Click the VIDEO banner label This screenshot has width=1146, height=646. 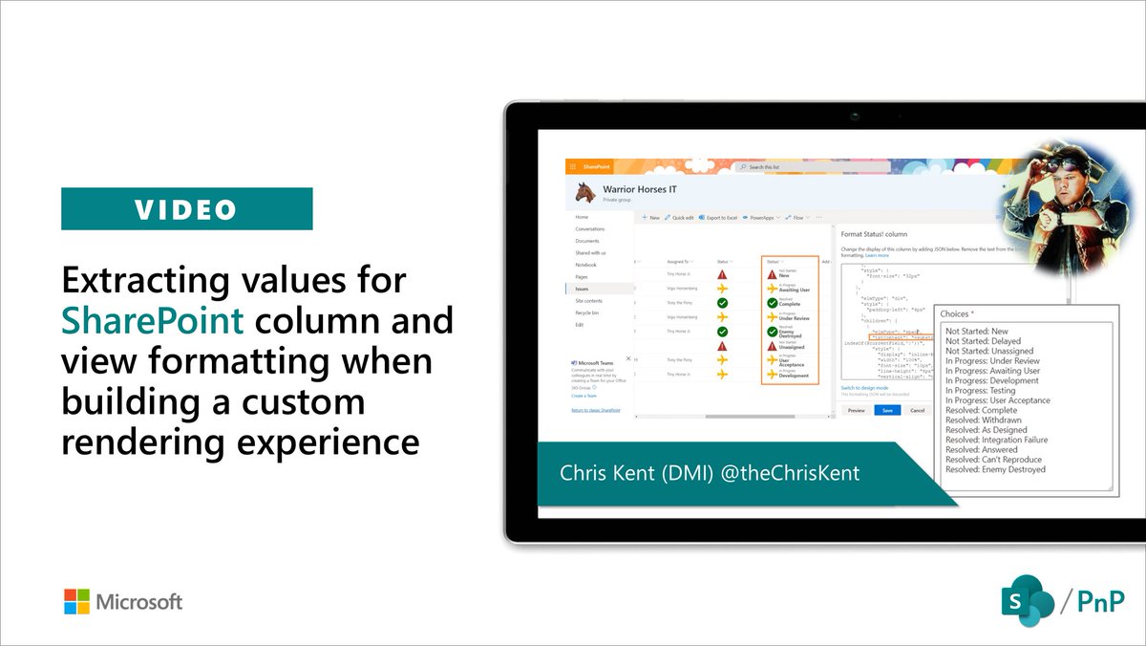(x=186, y=208)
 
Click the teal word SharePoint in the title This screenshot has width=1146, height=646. (x=153, y=321)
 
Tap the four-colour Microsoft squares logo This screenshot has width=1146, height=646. (x=76, y=601)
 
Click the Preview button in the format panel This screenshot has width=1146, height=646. (x=856, y=410)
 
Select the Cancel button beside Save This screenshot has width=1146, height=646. (x=917, y=410)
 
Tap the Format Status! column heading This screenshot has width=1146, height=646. (x=880, y=233)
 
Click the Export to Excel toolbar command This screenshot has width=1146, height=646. (x=721, y=218)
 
